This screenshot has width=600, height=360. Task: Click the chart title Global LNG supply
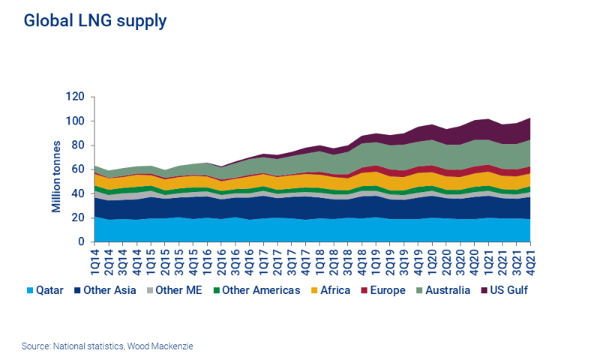pos(95,21)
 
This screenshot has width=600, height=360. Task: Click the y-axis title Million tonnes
pos(56,169)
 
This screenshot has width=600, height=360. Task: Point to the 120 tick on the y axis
pos(75,97)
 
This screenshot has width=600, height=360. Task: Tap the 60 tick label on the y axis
pos(78,169)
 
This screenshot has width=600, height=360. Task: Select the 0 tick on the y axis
pos(82,242)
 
